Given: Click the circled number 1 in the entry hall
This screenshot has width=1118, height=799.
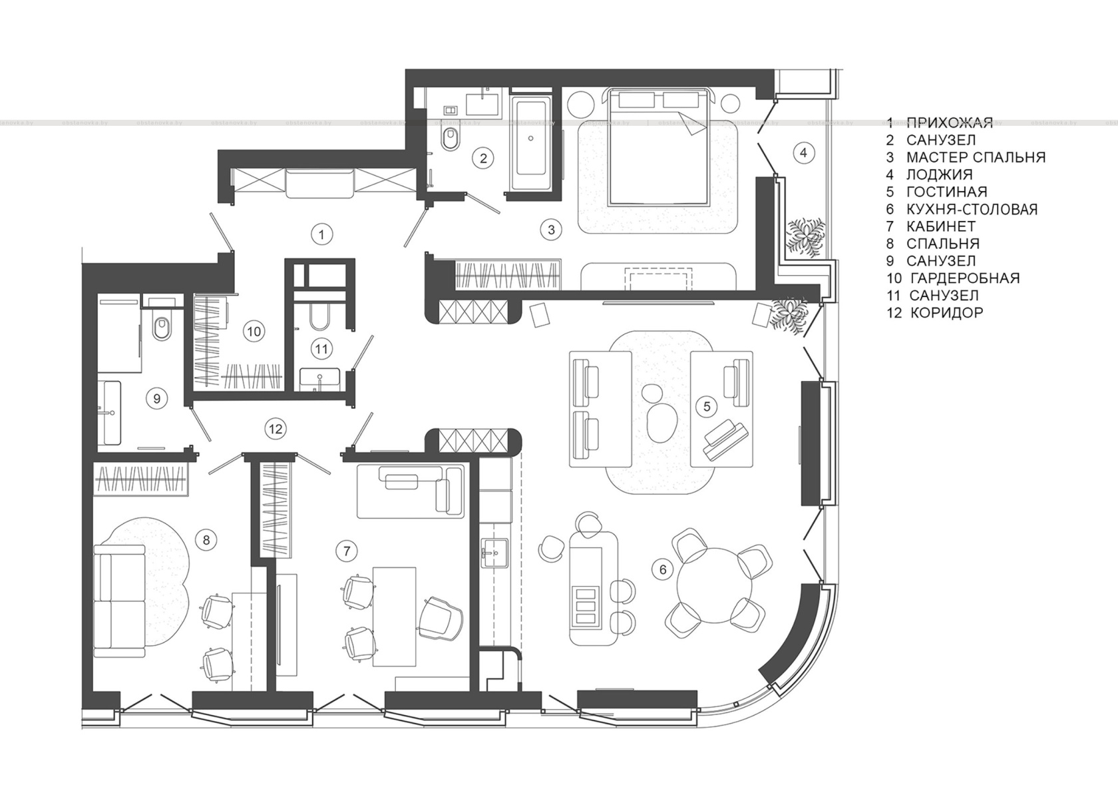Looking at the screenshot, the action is [321, 234].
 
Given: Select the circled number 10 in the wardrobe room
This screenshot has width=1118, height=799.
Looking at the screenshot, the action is [254, 331].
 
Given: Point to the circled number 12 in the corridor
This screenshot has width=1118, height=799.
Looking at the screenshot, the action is [276, 429].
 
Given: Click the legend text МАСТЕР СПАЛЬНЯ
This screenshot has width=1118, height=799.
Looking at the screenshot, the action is [976, 157].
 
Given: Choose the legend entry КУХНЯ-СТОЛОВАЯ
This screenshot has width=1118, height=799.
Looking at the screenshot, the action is [972, 209].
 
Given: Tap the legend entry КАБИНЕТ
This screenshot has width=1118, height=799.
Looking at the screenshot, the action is [941, 226].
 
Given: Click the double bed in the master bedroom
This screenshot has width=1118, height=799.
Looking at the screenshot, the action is [659, 146].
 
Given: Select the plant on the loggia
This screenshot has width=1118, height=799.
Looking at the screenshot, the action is [805, 237].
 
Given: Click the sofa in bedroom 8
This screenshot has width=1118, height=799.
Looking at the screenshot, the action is [120, 601].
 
